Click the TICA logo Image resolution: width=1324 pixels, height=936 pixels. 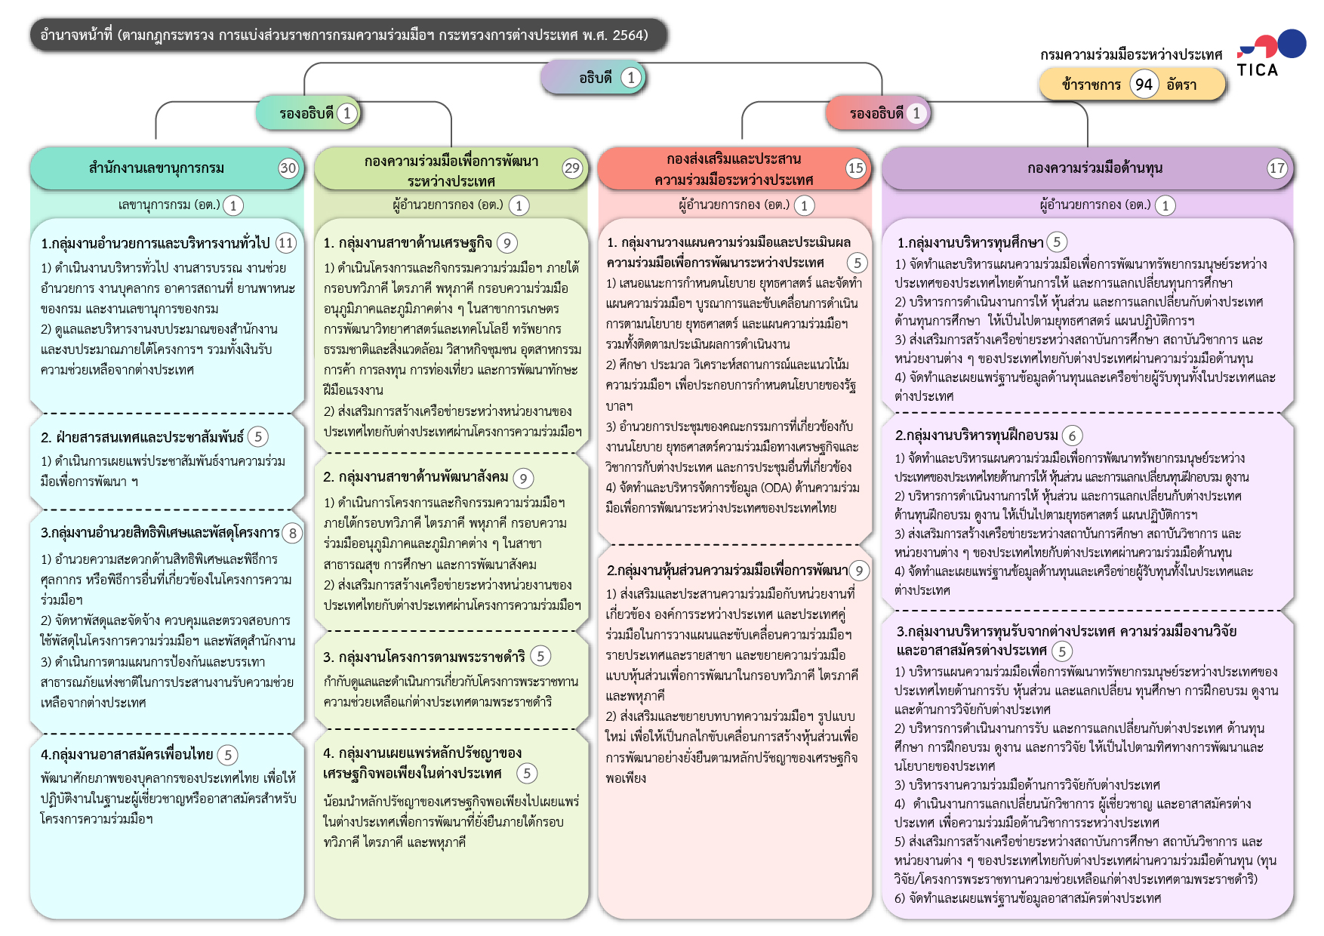pos(1271,54)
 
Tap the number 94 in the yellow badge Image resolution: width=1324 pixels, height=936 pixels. pos(1144,85)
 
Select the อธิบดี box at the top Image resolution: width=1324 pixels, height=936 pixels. pos(595,78)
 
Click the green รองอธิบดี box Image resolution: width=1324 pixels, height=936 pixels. pos(306,113)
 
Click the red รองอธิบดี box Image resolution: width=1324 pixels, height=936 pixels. pos(876,113)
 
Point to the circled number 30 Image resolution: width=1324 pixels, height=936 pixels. pos(288,168)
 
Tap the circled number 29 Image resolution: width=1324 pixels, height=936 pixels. pos(572,168)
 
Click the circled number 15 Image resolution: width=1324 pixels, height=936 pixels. pos(855,168)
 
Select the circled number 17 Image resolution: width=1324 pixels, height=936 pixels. pos(1276,168)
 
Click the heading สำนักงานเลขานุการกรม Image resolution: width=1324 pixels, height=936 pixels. pos(156,168)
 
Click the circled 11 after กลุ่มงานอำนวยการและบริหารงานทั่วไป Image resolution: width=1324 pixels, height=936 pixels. pos(285,243)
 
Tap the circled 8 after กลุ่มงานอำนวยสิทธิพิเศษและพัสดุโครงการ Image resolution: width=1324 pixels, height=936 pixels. pos(293,533)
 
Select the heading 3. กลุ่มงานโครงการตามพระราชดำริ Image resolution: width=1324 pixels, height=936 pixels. pos(424,657)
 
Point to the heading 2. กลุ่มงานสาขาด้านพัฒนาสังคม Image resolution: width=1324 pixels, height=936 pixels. pos(416,477)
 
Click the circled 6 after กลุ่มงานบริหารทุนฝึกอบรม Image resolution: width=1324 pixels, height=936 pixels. pos(1072,436)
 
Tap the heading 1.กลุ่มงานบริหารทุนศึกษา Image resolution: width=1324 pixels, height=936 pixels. pos(970,242)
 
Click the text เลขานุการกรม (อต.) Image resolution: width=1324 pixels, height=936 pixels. pos(169,205)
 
